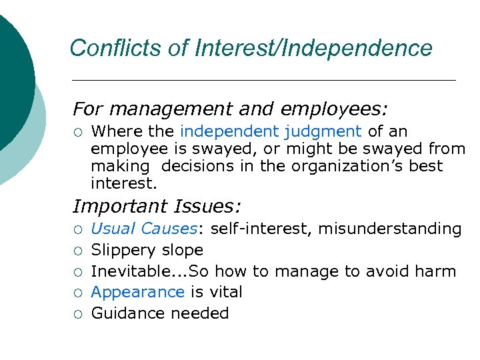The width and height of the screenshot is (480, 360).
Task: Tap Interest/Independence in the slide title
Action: tap(313, 48)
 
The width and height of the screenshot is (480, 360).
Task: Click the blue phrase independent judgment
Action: tap(271, 131)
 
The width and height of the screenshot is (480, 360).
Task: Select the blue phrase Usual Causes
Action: tap(144, 229)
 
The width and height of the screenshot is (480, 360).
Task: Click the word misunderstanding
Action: tap(390, 229)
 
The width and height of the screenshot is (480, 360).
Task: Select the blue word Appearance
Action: tap(137, 292)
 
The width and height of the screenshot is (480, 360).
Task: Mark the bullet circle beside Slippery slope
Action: tap(79, 251)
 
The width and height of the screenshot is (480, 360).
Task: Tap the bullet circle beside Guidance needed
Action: tap(79, 314)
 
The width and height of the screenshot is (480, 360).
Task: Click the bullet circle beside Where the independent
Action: tap(79, 132)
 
